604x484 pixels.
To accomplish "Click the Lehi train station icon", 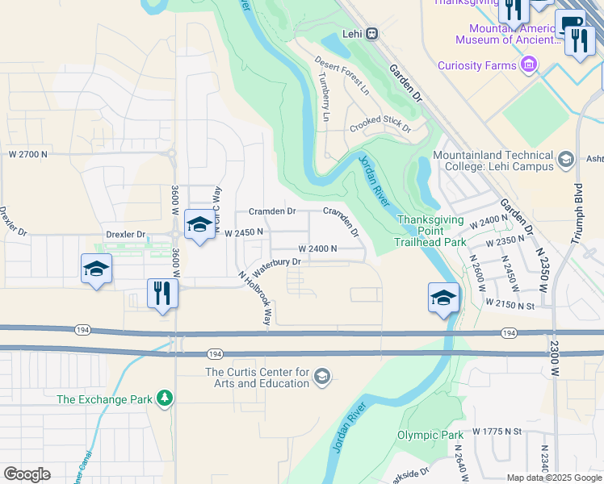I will pos(371,33).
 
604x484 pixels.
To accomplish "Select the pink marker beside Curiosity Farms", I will pos(530,64).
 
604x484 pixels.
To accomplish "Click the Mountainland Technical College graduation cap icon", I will pos(565,160).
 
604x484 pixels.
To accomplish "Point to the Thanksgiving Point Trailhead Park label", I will pos(432,231).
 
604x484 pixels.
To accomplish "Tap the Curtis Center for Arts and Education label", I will pos(258,378).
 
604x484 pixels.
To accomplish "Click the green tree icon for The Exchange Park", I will pos(165,398).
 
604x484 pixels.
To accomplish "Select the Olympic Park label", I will pos(430,436).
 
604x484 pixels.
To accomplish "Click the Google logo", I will pos(27,474).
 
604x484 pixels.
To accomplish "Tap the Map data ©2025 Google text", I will pos(553,478).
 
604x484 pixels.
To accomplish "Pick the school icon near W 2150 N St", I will pos(443,298).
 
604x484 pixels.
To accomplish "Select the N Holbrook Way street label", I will pos(255,297).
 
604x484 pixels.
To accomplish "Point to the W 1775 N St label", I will pos(498,432).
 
